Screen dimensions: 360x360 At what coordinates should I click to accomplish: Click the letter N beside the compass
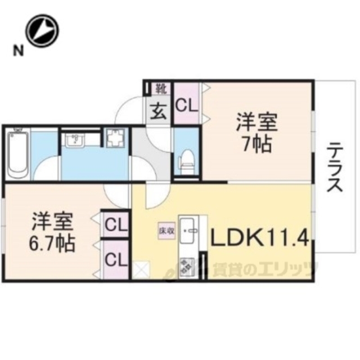pyautogui.click(x=19, y=52)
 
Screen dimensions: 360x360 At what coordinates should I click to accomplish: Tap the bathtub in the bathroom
pyautogui.click(x=17, y=151)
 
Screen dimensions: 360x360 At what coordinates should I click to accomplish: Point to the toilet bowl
pyautogui.click(x=186, y=159)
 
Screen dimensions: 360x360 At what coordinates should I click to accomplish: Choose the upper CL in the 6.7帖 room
pyautogui.click(x=115, y=226)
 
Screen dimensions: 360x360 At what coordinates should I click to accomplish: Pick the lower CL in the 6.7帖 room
pyautogui.click(x=115, y=259)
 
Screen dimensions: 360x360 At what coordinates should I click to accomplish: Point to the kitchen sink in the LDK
pyautogui.click(x=187, y=227)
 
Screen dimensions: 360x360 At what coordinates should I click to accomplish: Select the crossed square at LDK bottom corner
pyautogui.click(x=140, y=270)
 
